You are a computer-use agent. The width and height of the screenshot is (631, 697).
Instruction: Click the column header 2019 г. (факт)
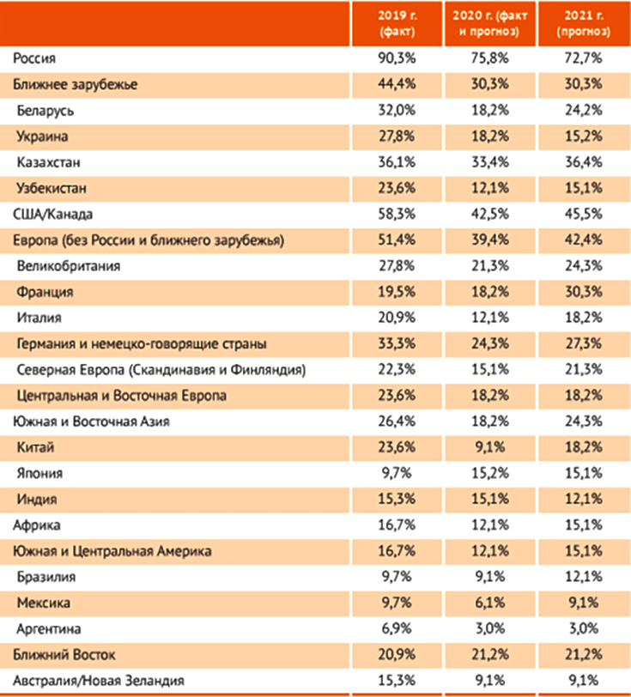pyautogui.click(x=397, y=23)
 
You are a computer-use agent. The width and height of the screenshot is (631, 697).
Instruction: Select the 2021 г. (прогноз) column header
pyautogui.click(x=584, y=23)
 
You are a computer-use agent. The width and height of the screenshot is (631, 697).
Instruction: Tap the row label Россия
pyautogui.click(x=34, y=58)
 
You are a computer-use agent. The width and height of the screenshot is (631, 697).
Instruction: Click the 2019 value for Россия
pyautogui.click(x=397, y=58)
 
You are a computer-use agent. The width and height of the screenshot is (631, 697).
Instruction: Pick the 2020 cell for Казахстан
pyautogui.click(x=490, y=161)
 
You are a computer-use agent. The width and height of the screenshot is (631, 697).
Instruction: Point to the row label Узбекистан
pyautogui.click(x=52, y=188)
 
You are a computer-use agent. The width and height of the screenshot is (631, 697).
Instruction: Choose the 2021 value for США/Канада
pyautogui.click(x=584, y=214)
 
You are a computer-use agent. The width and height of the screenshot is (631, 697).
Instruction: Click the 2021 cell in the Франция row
pyautogui.click(x=584, y=292)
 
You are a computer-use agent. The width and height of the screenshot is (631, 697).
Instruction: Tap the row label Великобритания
pyautogui.click(x=69, y=266)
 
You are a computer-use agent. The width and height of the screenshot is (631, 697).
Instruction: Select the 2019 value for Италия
pyautogui.click(x=397, y=318)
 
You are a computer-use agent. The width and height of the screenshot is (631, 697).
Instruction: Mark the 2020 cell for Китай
pyautogui.click(x=490, y=446)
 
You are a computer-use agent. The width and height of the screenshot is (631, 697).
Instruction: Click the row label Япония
pyautogui.click(x=39, y=473)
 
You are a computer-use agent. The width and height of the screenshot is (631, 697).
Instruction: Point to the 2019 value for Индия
pyautogui.click(x=397, y=499)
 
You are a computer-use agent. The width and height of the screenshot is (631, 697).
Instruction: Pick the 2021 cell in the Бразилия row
pyautogui.click(x=584, y=577)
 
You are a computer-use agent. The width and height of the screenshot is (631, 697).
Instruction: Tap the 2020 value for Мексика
pyautogui.click(x=490, y=603)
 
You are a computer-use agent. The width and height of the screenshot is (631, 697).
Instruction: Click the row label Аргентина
pyautogui.click(x=48, y=628)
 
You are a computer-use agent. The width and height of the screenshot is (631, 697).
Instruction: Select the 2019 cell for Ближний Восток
pyautogui.click(x=397, y=654)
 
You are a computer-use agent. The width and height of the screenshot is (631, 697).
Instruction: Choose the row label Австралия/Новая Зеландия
pyautogui.click(x=98, y=681)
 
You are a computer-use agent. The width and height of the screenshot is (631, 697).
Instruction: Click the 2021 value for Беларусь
pyautogui.click(x=584, y=110)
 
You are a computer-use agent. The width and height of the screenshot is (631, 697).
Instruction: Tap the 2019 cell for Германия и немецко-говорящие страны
pyautogui.click(x=397, y=343)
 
